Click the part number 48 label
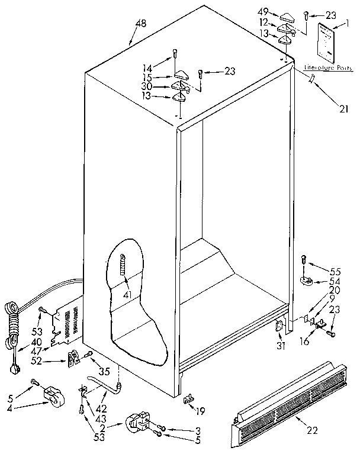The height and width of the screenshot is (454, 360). click(140, 23)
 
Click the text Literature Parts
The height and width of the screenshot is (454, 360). click(327, 68)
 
